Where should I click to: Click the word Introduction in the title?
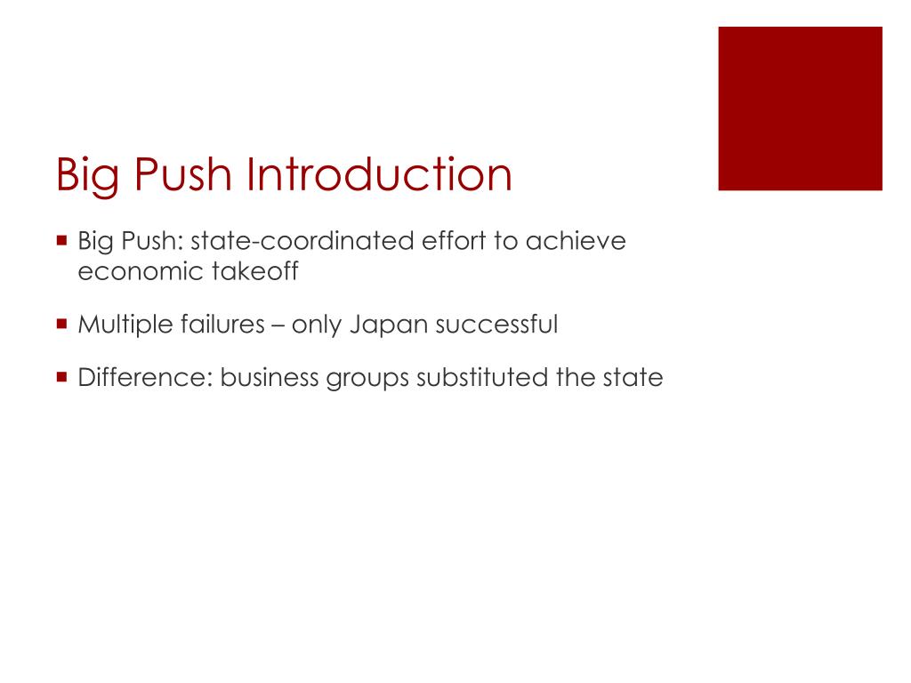[x=380, y=174]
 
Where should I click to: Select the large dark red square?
[x=800, y=108]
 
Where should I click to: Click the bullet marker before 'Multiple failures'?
[x=61, y=324]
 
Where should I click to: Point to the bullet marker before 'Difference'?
[x=61, y=376]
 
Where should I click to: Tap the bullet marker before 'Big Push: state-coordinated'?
[x=61, y=240]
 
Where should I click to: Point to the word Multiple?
[x=121, y=325]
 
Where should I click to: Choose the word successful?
[x=496, y=325]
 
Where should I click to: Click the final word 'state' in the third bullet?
[x=633, y=378]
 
